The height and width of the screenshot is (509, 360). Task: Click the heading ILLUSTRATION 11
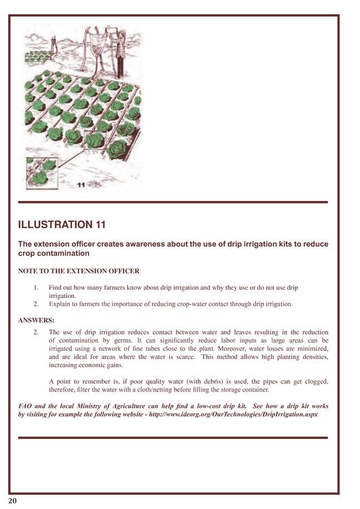(x=62, y=225)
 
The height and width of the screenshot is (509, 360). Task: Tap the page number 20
(x=12, y=501)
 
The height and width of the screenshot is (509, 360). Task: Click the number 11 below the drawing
(x=82, y=185)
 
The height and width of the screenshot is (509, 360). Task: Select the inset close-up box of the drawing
(x=42, y=173)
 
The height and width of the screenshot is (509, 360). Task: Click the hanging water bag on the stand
(x=96, y=45)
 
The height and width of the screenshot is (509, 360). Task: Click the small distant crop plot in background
(x=37, y=58)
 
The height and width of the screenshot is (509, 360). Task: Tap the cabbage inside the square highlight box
(x=94, y=140)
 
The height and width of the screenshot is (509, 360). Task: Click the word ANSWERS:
(x=36, y=320)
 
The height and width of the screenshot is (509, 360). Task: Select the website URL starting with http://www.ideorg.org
(x=233, y=415)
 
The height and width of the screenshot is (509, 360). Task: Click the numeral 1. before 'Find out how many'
(x=36, y=288)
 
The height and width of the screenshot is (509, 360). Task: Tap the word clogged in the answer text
(x=316, y=381)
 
